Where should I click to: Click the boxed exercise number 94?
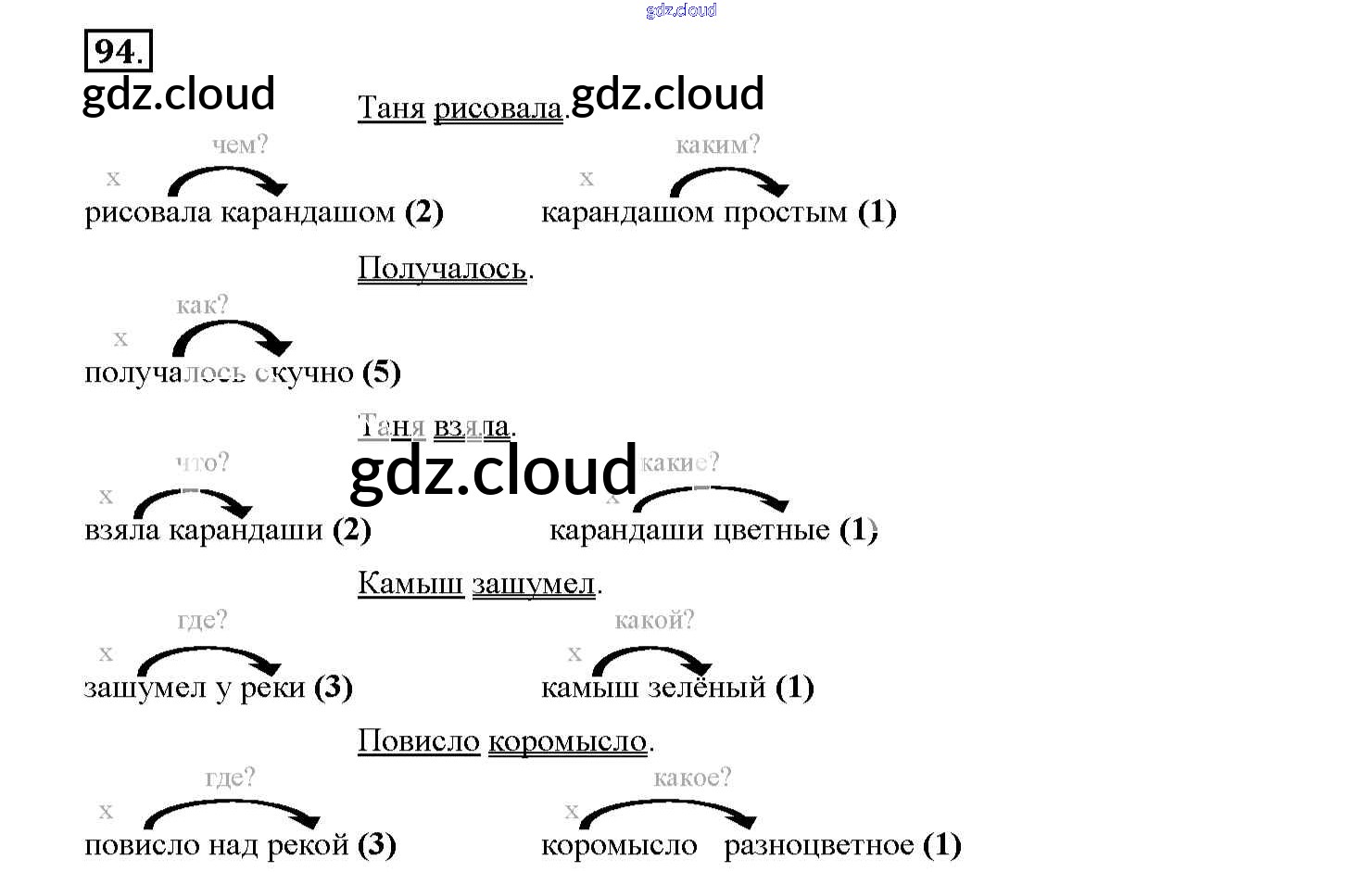tap(118, 51)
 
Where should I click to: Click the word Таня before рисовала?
tap(391, 109)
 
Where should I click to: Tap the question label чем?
tap(240, 145)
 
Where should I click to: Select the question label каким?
tap(717, 145)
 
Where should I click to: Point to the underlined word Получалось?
tap(442, 269)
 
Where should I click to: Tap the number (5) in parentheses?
tap(382, 373)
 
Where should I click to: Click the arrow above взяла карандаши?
tap(194, 501)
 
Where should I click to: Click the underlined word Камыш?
tap(410, 584)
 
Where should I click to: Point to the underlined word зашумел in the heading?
tap(534, 584)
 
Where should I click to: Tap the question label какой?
tap(654, 620)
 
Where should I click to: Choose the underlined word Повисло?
tap(419, 741)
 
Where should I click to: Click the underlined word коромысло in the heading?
tap(567, 741)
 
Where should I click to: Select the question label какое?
tap(691, 777)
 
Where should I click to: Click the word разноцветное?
tap(818, 845)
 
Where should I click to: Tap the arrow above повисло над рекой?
tap(232, 813)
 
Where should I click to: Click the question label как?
tap(202, 305)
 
